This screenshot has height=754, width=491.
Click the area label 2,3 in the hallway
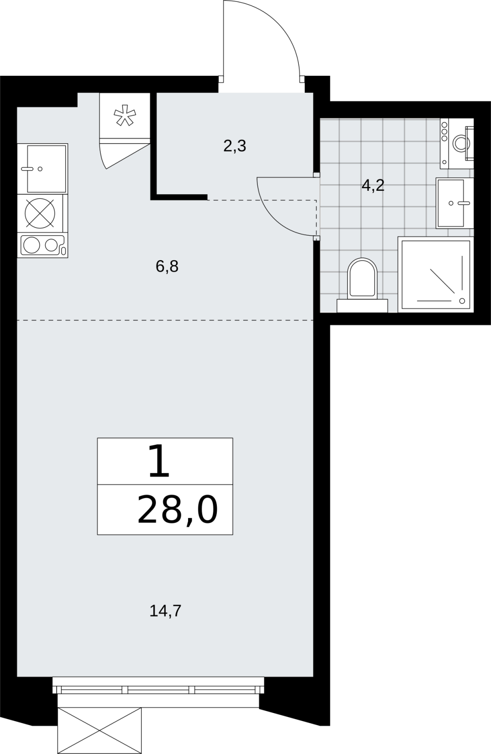235,147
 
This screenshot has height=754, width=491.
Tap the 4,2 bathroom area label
373,186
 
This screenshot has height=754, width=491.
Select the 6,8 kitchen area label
167,267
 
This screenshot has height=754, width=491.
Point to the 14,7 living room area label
165,611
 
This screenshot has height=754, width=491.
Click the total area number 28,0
178,510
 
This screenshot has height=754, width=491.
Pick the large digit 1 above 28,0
158,461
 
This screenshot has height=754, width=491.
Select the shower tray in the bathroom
436,274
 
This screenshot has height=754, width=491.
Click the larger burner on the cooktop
32,245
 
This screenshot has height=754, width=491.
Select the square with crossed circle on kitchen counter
40,213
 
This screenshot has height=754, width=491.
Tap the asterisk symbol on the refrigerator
125,115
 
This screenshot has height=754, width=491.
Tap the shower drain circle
462,301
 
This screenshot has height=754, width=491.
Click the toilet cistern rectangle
362,306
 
